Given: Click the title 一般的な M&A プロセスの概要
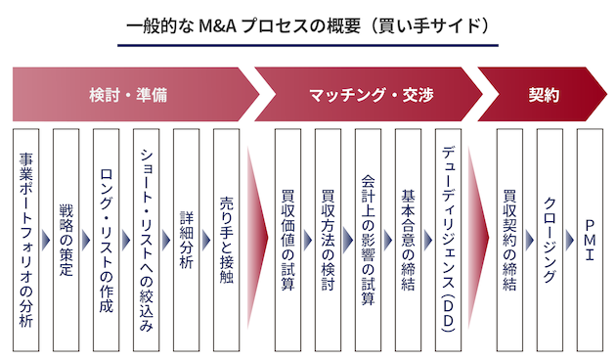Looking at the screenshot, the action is point(307,22).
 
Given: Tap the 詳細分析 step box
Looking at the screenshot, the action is point(187,240).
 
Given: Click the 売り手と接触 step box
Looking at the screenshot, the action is point(227,240).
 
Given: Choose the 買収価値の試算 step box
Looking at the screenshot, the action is point(287,240).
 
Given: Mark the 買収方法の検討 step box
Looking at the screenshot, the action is point(328,240).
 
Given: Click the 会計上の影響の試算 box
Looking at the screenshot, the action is point(368,240).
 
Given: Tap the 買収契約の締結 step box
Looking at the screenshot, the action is point(509,240).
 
